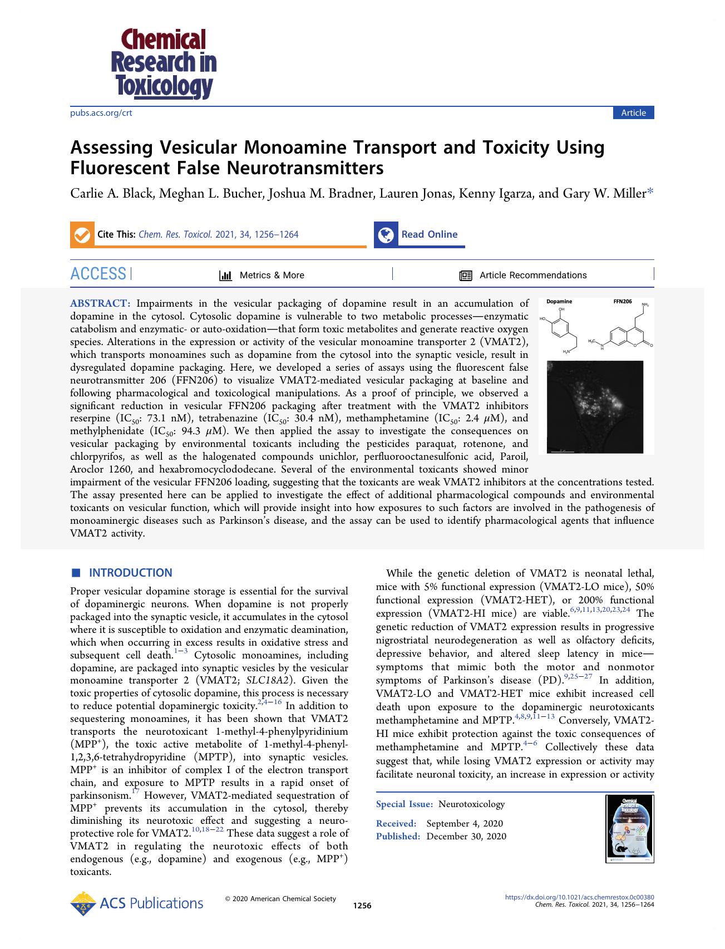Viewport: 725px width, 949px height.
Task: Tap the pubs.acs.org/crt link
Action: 101,113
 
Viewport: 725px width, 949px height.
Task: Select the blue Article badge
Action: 633,113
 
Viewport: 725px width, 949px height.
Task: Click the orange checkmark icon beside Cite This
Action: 82,235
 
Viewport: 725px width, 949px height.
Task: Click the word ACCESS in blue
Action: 98,274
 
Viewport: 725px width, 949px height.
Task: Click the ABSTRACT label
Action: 100,304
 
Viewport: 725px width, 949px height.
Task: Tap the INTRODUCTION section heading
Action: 130,573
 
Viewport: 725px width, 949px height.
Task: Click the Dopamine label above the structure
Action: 559,301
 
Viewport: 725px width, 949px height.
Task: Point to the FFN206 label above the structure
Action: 622,301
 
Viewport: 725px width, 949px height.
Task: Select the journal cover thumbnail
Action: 630,829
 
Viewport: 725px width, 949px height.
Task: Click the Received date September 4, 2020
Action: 465,824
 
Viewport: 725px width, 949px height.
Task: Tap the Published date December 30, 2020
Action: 466,837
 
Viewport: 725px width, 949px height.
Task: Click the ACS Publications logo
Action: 137,903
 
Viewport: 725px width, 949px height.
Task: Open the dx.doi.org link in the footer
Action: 579,897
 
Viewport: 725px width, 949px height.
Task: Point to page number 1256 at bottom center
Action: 362,906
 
